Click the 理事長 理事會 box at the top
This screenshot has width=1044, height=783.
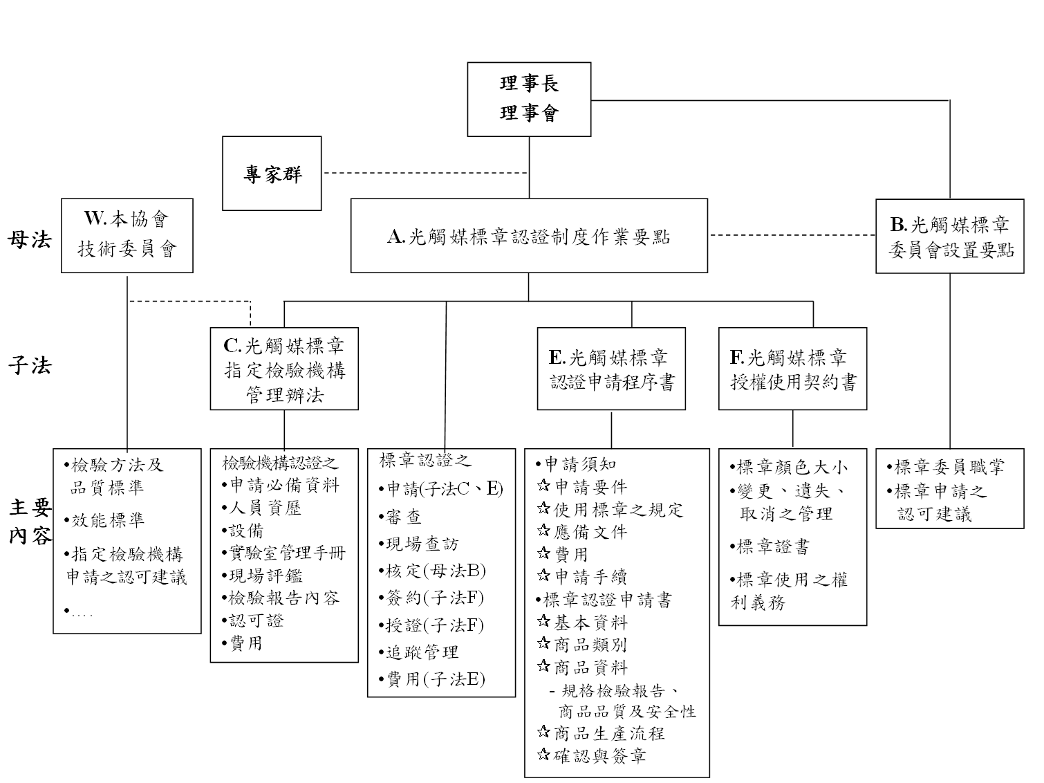(x=529, y=99)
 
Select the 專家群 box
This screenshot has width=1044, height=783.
(x=272, y=173)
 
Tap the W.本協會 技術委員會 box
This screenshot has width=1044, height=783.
(x=127, y=235)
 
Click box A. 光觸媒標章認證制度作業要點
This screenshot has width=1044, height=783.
(x=529, y=236)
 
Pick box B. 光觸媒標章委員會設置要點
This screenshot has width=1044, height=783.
(x=949, y=237)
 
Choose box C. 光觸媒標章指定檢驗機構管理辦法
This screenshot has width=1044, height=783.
(x=284, y=369)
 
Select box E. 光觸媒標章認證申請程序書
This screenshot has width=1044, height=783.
(x=611, y=369)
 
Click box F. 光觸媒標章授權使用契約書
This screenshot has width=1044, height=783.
(x=792, y=369)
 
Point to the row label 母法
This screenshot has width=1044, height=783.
(x=30, y=239)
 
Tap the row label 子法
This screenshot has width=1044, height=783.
(x=30, y=365)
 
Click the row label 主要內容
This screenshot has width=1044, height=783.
(x=30, y=522)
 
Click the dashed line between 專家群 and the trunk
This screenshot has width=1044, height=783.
(x=425, y=173)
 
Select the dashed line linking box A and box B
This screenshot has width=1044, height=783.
(x=792, y=235)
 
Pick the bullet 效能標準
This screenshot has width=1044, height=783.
(x=108, y=520)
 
